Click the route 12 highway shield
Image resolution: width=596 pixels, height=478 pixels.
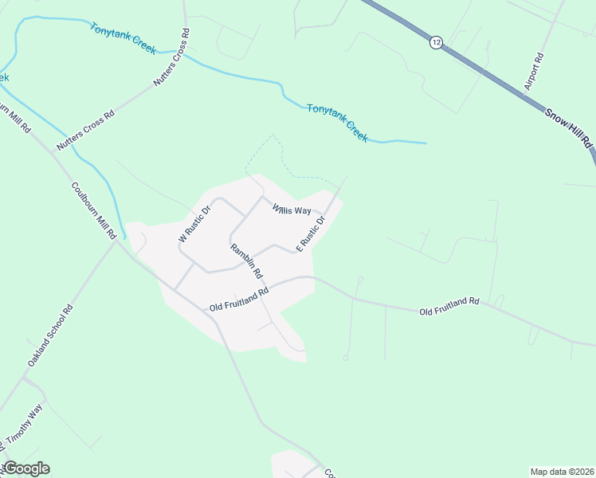435,42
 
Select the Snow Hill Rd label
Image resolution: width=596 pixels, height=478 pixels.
571,127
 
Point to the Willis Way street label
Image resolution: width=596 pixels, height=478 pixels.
291,210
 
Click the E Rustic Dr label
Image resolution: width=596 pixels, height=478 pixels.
312,233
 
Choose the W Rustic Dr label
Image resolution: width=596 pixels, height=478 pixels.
194,224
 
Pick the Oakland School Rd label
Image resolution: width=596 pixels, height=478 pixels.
50,335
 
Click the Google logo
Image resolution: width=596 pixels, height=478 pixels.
25,468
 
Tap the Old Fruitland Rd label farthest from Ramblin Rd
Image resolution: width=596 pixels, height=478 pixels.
449,306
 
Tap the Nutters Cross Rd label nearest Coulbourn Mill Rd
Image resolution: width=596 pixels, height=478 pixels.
85,130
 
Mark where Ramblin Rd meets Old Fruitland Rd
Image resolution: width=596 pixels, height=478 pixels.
267,286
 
